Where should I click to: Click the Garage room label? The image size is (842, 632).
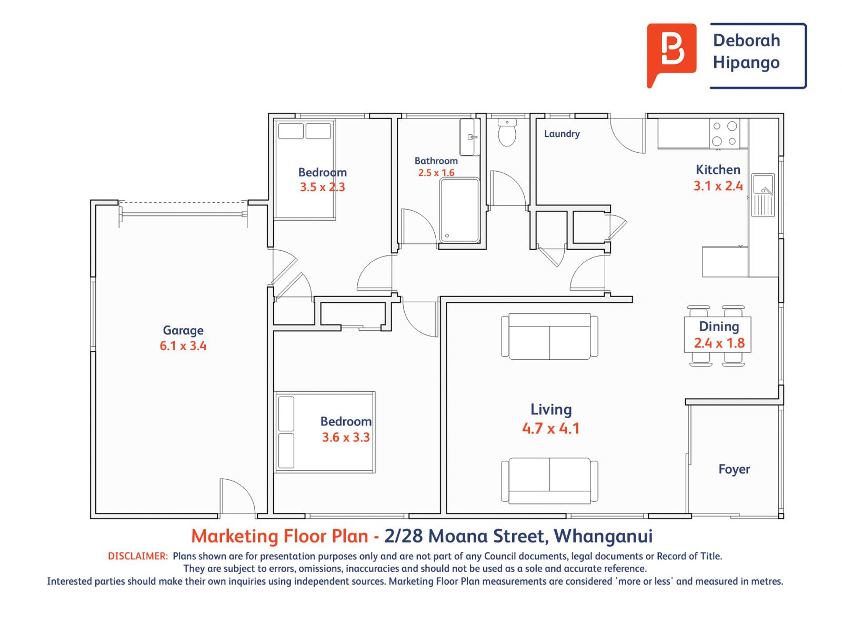(183, 331)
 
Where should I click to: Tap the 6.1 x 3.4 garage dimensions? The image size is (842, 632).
(183, 346)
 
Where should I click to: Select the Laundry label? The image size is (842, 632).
(562, 134)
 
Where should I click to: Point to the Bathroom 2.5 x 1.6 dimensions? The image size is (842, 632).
(436, 173)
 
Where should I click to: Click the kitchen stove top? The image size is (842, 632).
(724, 133)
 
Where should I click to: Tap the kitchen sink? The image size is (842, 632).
(763, 194)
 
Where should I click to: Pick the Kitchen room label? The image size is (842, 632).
(718, 170)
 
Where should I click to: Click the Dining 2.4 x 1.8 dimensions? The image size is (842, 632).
(719, 343)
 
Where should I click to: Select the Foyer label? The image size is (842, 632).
(734, 469)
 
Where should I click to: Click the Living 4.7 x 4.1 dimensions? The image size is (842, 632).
(550, 428)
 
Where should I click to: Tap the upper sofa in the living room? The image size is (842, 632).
(549, 337)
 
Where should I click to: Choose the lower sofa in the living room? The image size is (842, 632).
(549, 480)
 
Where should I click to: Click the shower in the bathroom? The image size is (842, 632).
(459, 211)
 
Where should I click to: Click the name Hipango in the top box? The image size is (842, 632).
(746, 63)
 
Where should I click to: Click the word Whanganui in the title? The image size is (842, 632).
(604, 536)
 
